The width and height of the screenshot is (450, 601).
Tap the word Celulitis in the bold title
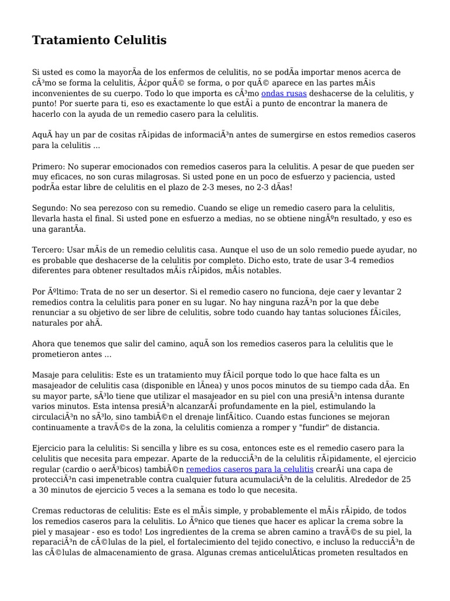click(138, 40)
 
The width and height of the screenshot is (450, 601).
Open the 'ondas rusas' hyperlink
click(284, 93)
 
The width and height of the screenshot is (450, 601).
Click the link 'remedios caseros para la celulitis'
click(250, 470)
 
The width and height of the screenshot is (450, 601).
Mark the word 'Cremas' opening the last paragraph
click(47, 511)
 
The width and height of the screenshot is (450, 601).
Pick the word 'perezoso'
click(123, 208)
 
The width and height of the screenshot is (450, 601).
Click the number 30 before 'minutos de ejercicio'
click(45, 489)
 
